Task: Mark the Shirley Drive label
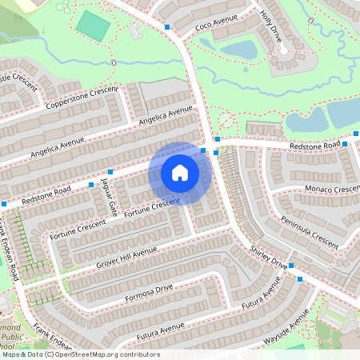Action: [268, 257]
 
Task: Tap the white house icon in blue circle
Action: [180, 173]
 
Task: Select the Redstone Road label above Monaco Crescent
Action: [315, 146]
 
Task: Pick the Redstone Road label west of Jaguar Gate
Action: [46, 194]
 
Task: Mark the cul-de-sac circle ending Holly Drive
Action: [282, 50]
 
